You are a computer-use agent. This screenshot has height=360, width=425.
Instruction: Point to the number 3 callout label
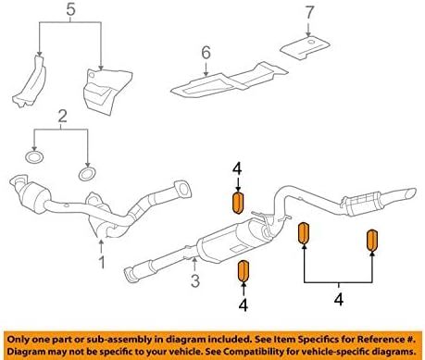pyautogui.click(x=195, y=280)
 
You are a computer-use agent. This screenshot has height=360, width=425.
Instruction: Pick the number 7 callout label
pyautogui.click(x=310, y=13)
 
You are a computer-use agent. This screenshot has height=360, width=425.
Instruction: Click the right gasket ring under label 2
pyautogui.click(x=87, y=173)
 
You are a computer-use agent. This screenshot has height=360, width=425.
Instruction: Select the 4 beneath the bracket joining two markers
pyautogui.click(x=339, y=299)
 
